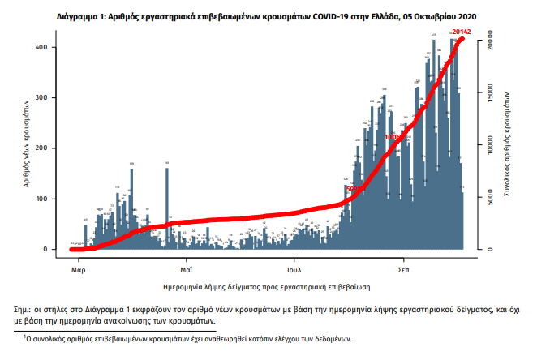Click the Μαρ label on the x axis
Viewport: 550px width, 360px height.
79,268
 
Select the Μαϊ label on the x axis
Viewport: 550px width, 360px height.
186,268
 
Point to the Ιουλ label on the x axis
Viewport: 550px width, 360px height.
294,268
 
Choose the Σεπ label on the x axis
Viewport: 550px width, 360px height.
403,268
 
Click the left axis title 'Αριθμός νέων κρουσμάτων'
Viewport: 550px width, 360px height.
28,146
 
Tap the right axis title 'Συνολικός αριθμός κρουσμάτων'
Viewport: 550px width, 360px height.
513,146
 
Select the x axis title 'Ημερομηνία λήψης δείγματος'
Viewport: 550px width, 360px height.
267,286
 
